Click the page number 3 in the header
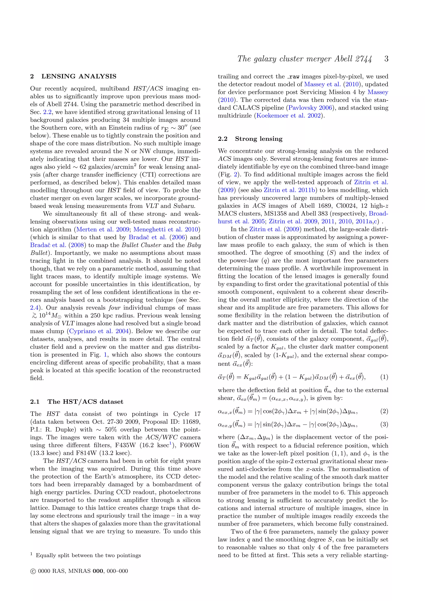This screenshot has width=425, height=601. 386,59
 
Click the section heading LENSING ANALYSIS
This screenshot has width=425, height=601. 79,76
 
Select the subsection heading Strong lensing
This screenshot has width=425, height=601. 259,139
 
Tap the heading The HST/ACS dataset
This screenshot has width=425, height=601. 85,402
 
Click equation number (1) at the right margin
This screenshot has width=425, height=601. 384,377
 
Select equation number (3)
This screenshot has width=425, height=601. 384,424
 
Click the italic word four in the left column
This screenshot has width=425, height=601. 114,308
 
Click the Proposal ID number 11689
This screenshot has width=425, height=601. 191,422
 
